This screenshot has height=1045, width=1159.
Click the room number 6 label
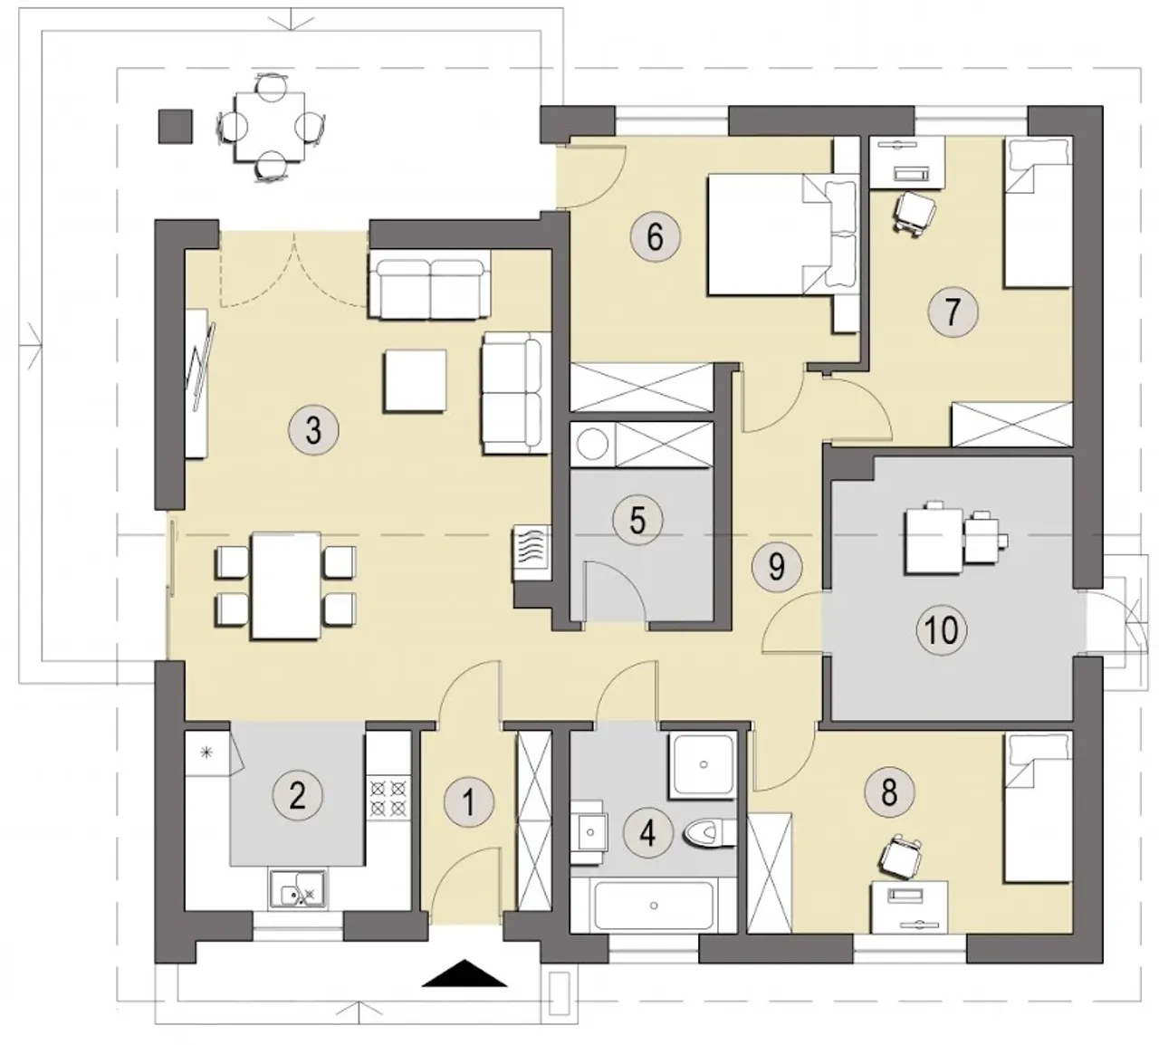click(x=656, y=237)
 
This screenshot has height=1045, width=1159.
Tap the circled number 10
click(x=942, y=629)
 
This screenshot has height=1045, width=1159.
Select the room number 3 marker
click(x=313, y=430)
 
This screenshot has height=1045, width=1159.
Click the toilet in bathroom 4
click(x=710, y=833)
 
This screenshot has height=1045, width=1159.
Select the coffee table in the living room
click(x=415, y=381)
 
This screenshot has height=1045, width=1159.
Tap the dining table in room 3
click(x=286, y=586)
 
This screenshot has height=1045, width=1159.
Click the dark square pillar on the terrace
click(x=176, y=127)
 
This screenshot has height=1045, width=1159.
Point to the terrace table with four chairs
click(x=270, y=126)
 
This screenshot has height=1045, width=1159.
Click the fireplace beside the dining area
click(x=531, y=553)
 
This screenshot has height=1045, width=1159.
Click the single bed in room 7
click(x=1039, y=212)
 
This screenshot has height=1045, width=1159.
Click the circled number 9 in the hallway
click(x=777, y=567)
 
